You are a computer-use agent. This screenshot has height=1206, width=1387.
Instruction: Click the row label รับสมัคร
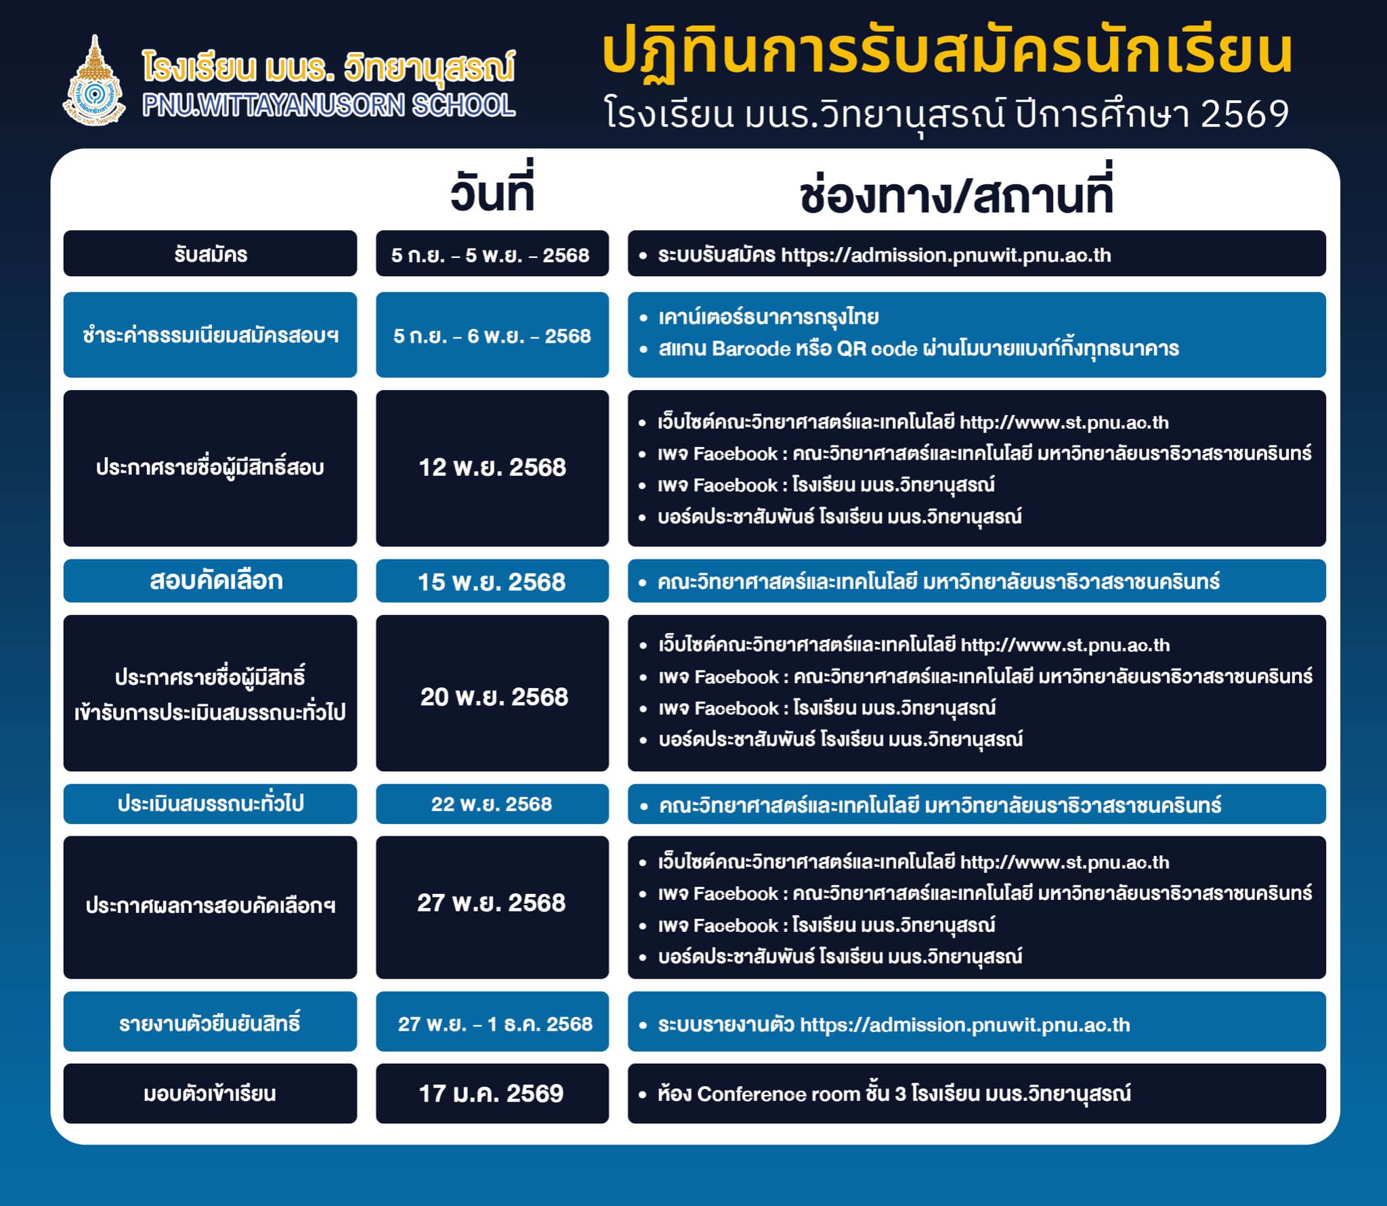click(211, 255)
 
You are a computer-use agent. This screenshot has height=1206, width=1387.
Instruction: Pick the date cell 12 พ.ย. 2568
click(492, 467)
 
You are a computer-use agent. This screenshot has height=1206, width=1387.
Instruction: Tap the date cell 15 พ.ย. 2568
click(492, 582)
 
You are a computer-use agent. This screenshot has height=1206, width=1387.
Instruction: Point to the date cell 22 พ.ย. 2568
click(492, 804)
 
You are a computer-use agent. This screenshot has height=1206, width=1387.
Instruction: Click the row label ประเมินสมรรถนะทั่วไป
click(211, 804)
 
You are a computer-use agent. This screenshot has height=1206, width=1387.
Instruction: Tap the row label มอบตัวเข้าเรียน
click(210, 1094)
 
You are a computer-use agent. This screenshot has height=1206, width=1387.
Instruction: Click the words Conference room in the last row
click(779, 1094)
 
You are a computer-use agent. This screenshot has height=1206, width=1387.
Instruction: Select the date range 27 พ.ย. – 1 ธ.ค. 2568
click(495, 1023)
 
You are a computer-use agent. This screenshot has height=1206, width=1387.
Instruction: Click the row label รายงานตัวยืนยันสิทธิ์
click(210, 1022)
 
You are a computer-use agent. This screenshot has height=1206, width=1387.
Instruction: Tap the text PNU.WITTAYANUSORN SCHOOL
click(329, 106)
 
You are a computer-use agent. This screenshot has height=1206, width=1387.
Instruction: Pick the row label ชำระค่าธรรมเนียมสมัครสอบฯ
click(211, 335)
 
